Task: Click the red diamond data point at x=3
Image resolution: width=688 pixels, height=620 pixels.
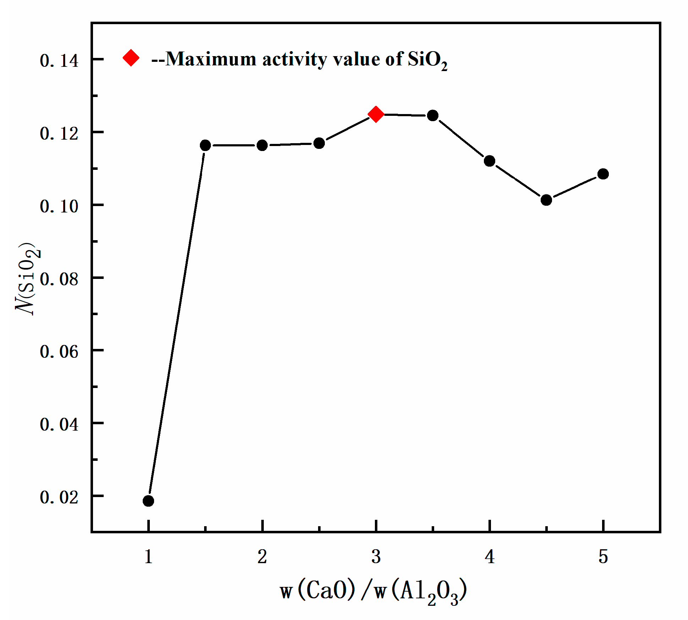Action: pos(376,114)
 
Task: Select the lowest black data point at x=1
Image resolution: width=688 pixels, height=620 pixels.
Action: pos(148,501)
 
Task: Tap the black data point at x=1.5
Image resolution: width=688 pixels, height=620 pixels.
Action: pos(205,145)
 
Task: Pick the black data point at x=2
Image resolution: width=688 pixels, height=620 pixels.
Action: pos(262,145)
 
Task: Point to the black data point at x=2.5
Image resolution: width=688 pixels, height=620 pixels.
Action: pos(319,143)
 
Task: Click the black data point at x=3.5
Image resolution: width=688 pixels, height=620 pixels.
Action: pos(433,115)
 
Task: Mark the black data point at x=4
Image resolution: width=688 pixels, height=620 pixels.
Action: pos(490,161)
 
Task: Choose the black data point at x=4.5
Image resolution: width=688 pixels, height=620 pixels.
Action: pos(546,200)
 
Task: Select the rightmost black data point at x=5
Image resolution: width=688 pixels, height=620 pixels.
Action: pos(603,174)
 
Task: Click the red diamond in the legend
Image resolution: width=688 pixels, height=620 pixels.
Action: pos(131,58)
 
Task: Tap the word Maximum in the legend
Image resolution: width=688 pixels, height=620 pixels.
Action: pos(211,59)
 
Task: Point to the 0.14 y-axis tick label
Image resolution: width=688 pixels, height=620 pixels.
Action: pos(59,61)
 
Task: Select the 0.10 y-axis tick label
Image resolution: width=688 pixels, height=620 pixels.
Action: pos(59,206)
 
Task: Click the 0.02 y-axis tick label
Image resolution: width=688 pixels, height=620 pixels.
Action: pos(59,497)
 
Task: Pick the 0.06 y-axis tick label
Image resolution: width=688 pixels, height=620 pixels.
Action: pos(59,352)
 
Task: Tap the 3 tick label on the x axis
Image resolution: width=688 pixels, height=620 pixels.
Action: pos(376,557)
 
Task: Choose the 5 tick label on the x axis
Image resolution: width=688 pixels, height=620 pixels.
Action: pos(603,557)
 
